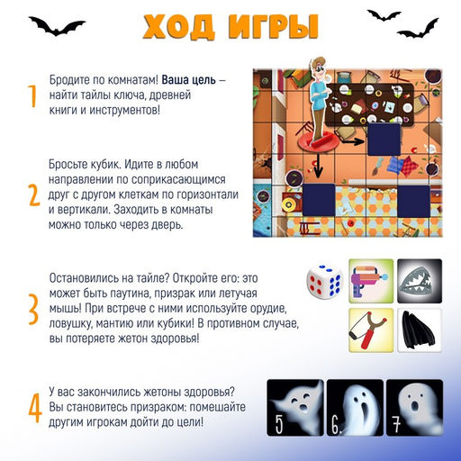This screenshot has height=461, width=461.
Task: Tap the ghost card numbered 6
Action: (x=354, y=406)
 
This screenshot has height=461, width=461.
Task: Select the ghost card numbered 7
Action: (x=413, y=406)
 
